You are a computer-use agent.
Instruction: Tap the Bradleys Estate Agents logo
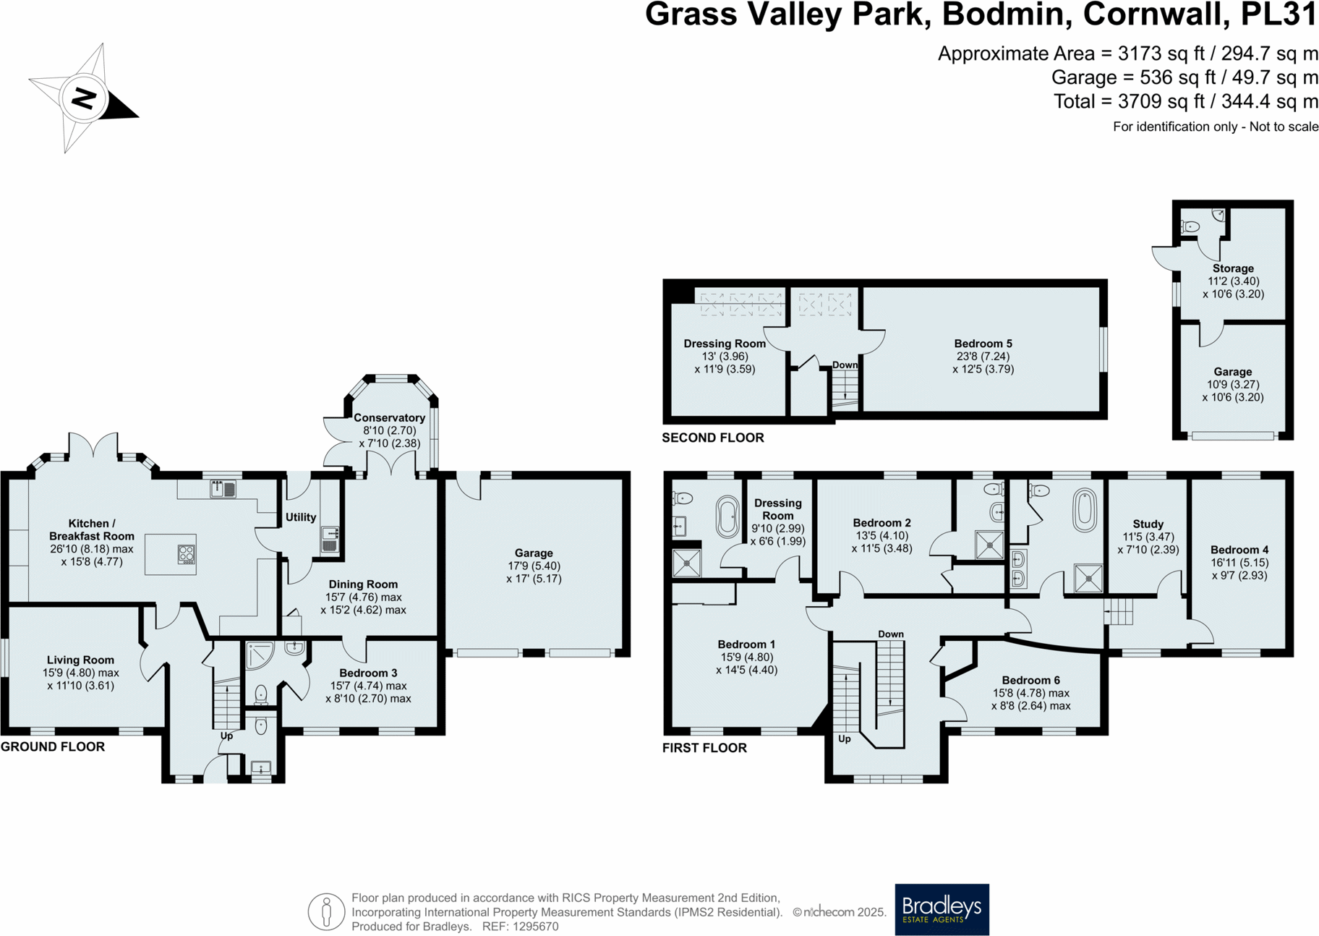tap(942, 909)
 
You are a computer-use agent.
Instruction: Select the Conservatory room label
tap(389, 417)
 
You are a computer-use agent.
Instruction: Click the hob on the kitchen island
tap(186, 555)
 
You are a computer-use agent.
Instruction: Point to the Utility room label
tap(301, 517)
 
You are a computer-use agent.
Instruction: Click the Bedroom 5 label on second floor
tap(983, 344)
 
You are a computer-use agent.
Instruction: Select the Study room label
tap(1148, 524)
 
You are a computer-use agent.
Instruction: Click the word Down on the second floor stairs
tap(844, 365)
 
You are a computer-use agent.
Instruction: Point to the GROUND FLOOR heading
tap(53, 746)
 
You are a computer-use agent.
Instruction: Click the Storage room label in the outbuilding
tap(1233, 268)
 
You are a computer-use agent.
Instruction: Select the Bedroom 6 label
tap(1030, 680)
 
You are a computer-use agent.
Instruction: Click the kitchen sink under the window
tap(223, 490)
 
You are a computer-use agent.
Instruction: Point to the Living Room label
tap(80, 660)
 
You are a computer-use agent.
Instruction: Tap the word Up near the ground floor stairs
tap(226, 736)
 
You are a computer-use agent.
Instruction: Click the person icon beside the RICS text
tap(326, 911)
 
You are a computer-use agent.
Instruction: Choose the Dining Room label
tap(363, 584)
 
